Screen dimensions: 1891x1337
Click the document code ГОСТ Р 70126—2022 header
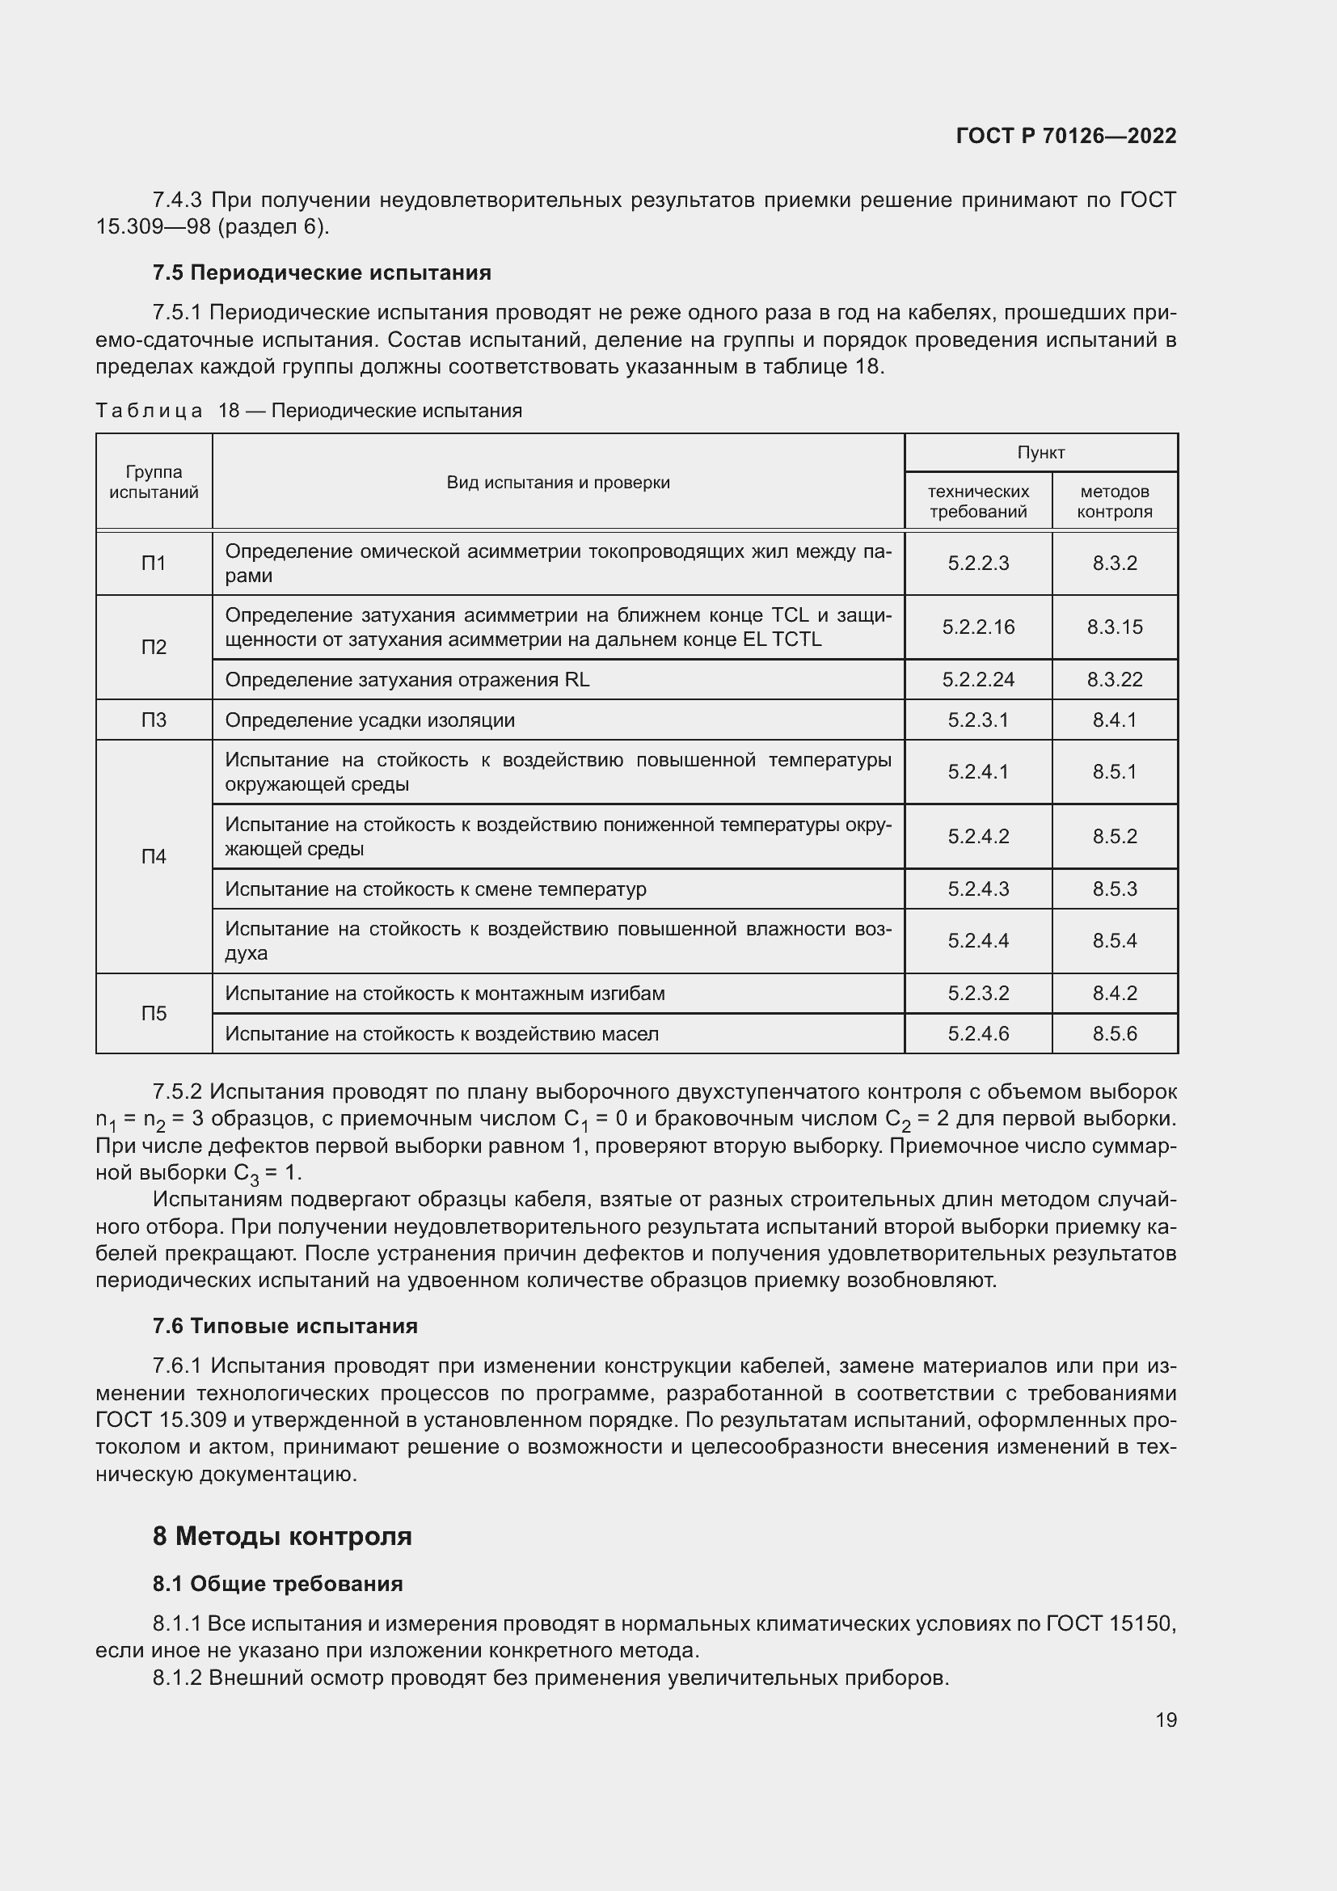click(1066, 136)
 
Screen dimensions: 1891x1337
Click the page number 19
click(1166, 1720)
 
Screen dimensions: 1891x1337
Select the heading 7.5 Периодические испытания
click(322, 272)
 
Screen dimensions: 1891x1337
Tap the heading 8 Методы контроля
click(282, 1536)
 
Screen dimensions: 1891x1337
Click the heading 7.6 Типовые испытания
click(285, 1326)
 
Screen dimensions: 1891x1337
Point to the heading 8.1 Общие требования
click(277, 1584)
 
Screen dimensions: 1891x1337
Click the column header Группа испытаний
click(154, 482)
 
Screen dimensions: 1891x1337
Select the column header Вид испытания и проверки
click(559, 483)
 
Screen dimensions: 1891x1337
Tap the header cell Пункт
click(1040, 452)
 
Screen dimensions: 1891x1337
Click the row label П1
click(154, 564)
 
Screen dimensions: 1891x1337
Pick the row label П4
click(154, 856)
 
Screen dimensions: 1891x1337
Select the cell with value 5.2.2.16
click(978, 627)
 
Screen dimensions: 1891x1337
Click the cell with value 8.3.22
click(1115, 679)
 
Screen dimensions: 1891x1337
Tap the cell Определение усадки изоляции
click(369, 720)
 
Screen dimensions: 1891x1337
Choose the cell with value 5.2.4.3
click(978, 889)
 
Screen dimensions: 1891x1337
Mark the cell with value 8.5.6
click(1115, 1034)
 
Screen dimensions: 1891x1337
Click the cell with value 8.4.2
click(1115, 994)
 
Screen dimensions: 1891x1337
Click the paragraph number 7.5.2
click(177, 1092)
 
